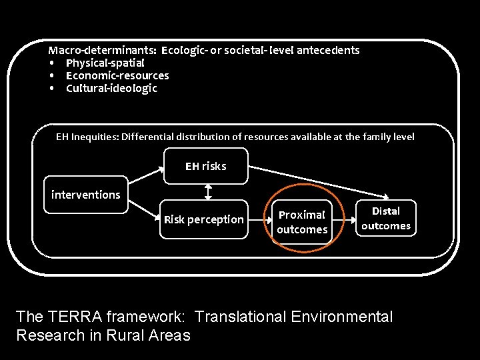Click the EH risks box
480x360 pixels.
pos(206,166)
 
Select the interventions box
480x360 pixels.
pos(85,195)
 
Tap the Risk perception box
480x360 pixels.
pos(204,219)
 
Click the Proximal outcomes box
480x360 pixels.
pos(302,222)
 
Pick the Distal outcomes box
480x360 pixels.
pos(385,219)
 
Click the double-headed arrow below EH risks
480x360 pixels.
pos(208,192)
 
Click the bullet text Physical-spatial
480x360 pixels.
pos(105,63)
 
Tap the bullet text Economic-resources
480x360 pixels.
pos(117,75)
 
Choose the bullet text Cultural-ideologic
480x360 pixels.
pos(111,88)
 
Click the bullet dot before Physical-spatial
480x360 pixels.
pos(51,63)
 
